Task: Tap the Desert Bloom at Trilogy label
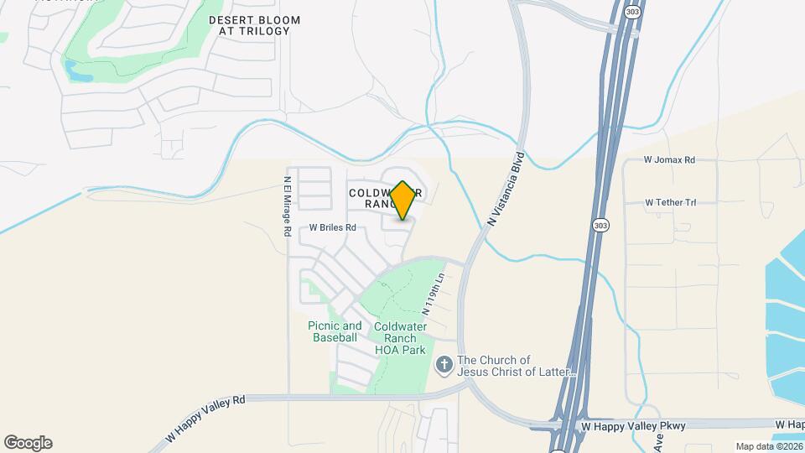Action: click(254, 25)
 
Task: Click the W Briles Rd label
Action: click(333, 227)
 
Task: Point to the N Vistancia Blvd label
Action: click(506, 189)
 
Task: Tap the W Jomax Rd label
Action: click(669, 159)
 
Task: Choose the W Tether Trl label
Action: click(670, 202)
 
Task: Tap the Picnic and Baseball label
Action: click(335, 331)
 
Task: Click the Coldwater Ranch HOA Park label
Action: click(400, 338)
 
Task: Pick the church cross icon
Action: click(444, 365)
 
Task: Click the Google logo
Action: click(28, 442)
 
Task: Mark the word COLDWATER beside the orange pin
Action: click(370, 192)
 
